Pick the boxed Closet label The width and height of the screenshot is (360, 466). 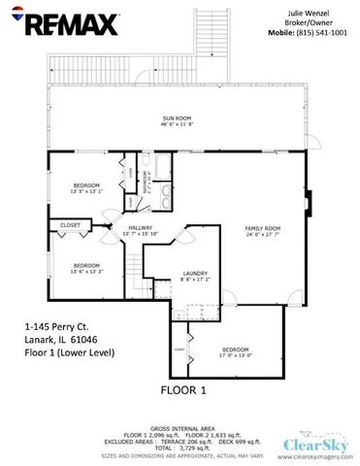point(70,224)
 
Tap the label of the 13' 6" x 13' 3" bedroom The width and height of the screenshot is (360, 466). point(86,268)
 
